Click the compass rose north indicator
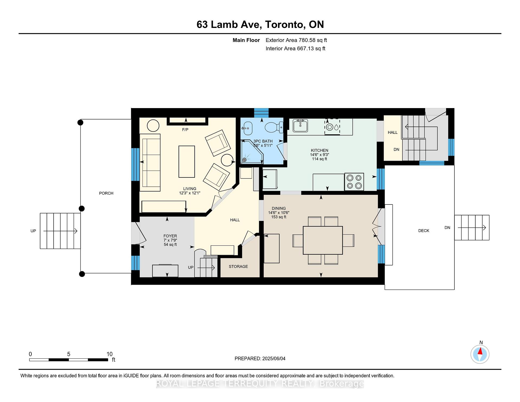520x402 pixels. click(x=480, y=354)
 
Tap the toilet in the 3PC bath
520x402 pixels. click(x=274, y=127)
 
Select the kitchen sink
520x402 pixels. click(x=300, y=126)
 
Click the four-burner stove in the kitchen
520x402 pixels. click(x=354, y=181)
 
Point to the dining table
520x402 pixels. click(x=323, y=240)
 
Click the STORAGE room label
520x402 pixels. click(x=238, y=267)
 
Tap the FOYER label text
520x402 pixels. click(x=170, y=236)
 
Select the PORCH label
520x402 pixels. click(x=106, y=193)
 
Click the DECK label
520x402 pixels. click(x=424, y=231)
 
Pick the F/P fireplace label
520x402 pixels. click(x=185, y=130)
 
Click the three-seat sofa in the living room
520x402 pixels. click(x=150, y=160)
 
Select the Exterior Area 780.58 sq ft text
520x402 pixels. click(x=296, y=40)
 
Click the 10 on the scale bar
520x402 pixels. click(x=109, y=354)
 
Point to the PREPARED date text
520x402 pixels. click(x=260, y=359)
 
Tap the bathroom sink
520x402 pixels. click(x=247, y=128)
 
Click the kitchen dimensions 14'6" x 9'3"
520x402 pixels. click(x=320, y=155)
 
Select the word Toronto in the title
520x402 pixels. click(x=284, y=24)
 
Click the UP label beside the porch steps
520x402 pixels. click(x=33, y=231)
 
